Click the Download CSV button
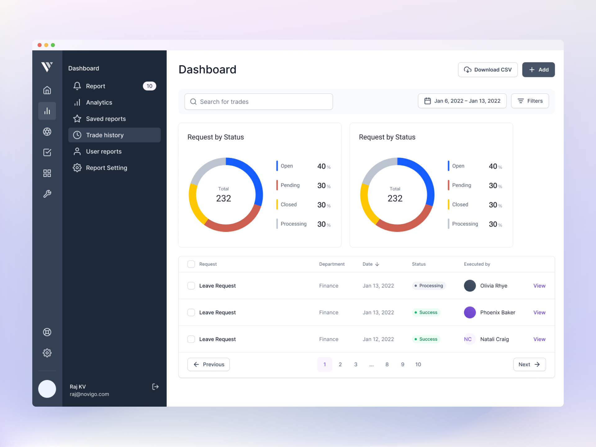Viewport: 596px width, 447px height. pos(487,70)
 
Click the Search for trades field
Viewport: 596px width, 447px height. pos(258,102)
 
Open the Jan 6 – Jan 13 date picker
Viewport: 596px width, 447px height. pos(462,101)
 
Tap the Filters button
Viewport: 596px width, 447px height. pos(530,101)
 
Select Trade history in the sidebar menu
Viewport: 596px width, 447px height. pos(114,135)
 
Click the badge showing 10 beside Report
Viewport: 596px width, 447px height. pos(149,86)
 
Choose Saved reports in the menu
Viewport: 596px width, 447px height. pos(106,119)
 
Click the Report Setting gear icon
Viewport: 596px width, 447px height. pos(77,168)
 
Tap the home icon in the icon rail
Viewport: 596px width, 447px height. pos(47,90)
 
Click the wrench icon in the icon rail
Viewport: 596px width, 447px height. pos(47,194)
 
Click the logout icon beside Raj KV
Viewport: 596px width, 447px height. pos(155,386)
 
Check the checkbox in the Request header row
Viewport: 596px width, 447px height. pos(191,264)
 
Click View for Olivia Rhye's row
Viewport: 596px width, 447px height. pos(539,286)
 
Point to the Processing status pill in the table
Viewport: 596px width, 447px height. pos(429,286)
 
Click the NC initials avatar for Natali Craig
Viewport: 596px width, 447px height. pos(467,339)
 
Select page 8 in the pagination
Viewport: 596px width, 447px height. pos(387,364)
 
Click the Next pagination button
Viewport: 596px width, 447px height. pos(529,364)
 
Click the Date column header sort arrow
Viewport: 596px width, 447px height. pos(377,264)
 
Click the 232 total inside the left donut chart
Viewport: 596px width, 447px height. pos(223,198)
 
